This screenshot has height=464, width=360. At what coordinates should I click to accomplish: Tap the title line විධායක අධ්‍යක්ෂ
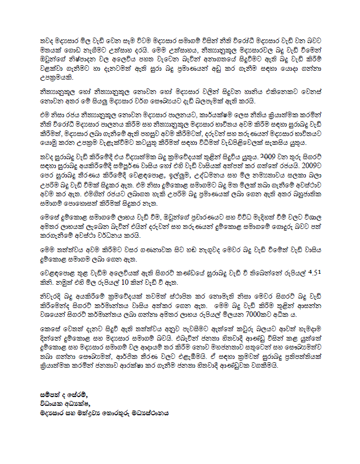click(x=61, y=403)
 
